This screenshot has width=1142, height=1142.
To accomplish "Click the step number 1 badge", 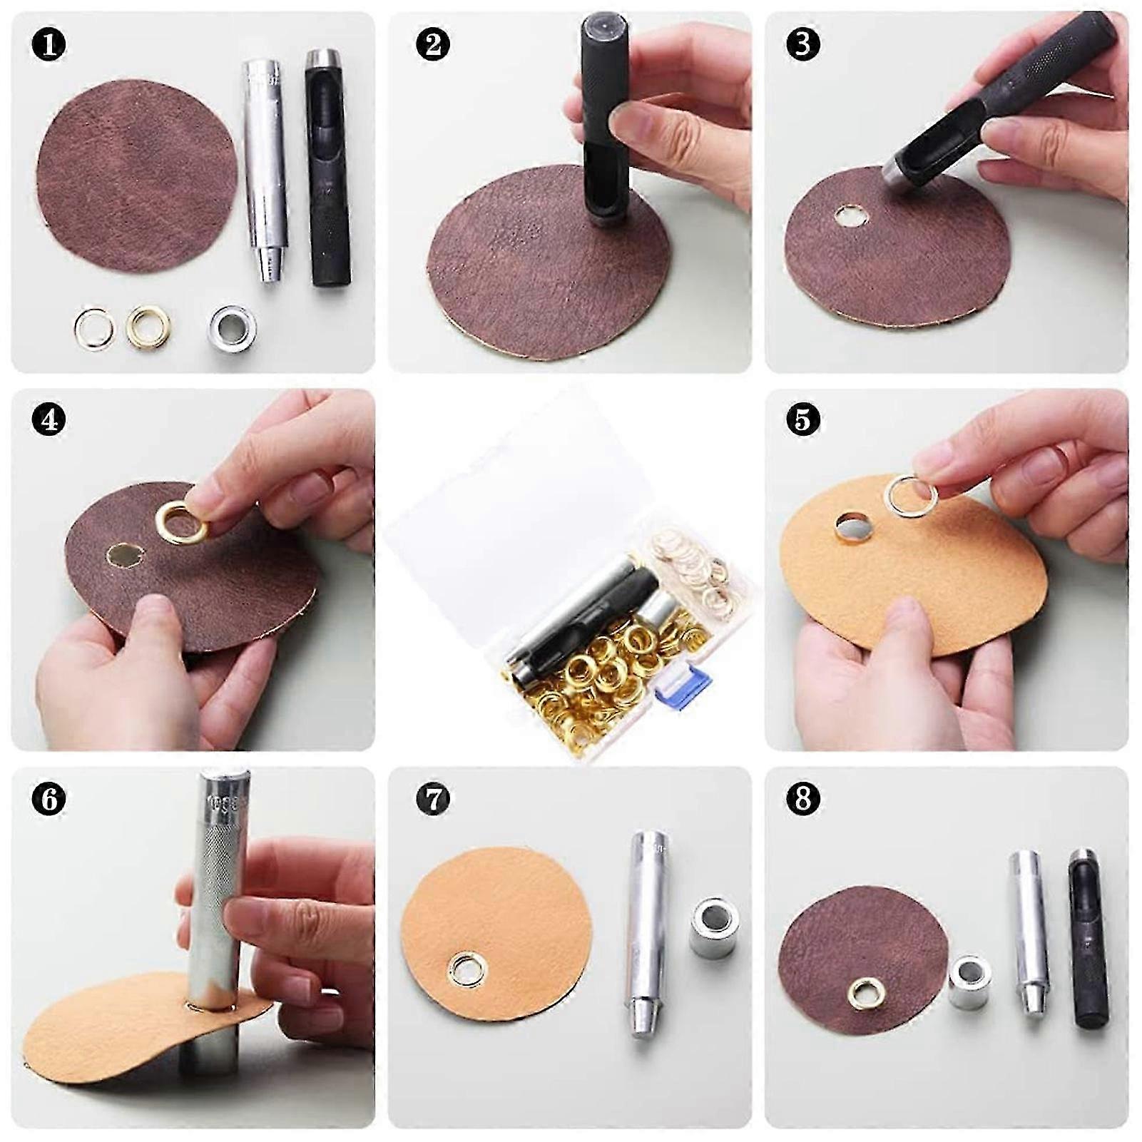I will click(49, 44).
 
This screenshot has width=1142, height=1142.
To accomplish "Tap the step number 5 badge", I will click(803, 420).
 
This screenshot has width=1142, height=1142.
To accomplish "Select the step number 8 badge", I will click(803, 798).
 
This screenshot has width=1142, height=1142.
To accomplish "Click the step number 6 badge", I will click(49, 798).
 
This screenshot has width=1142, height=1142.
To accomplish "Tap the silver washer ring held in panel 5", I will click(911, 494).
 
